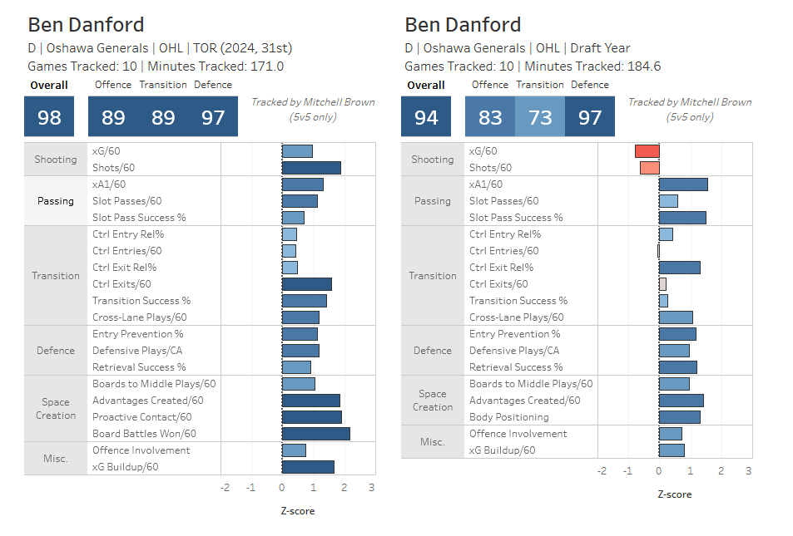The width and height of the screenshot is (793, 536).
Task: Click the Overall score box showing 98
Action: coord(49,117)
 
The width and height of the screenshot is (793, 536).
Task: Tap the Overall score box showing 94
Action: coord(426,117)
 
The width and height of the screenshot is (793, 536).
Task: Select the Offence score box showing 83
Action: coord(490,117)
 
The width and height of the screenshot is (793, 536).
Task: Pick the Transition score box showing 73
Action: coord(540,117)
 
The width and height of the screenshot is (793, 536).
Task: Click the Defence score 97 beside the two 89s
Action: coord(213,117)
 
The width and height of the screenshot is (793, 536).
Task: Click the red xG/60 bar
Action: coord(647,151)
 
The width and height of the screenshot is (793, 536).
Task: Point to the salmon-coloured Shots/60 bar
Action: coord(649,168)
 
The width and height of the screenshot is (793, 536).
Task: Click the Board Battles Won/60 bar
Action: coord(315,434)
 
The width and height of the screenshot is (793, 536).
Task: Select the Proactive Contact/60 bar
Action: coord(311,417)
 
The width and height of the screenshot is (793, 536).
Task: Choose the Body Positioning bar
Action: coord(679,417)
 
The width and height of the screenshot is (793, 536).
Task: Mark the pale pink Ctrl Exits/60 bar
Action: coord(662,284)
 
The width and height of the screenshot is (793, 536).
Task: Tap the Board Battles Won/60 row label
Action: coord(142,434)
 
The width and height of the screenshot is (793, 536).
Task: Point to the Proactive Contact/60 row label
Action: coord(141,417)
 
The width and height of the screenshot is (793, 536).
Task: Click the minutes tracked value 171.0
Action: coord(266,66)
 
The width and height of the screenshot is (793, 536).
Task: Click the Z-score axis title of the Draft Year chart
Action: coord(674,494)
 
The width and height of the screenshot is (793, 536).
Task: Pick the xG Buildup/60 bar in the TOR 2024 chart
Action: coord(308,467)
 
